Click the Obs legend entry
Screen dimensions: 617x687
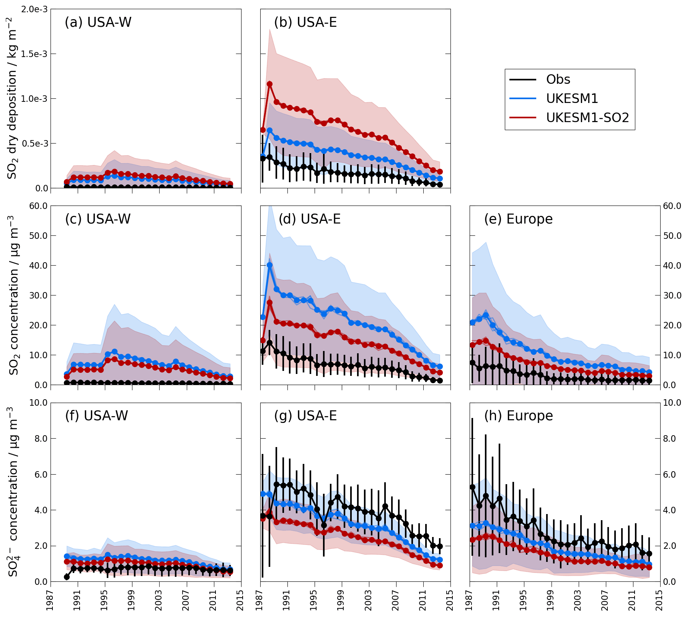(558, 80)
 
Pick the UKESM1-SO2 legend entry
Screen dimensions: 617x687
(587, 118)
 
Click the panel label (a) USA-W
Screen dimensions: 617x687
(98, 23)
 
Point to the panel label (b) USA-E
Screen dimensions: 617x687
(305, 23)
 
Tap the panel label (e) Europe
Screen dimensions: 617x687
(518, 219)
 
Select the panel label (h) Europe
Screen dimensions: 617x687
(518, 416)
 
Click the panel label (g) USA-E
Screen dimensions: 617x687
(305, 416)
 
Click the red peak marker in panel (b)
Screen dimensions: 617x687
(269, 84)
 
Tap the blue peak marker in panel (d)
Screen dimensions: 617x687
(269, 265)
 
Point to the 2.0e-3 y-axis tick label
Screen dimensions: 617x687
(34, 9)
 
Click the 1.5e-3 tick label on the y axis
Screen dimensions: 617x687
(34, 54)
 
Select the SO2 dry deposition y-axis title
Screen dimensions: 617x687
(12, 98)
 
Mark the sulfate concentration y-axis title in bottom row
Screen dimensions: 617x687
(12, 492)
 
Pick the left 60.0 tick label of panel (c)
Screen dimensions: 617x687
(38, 206)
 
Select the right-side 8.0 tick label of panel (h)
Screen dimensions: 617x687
(672, 439)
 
